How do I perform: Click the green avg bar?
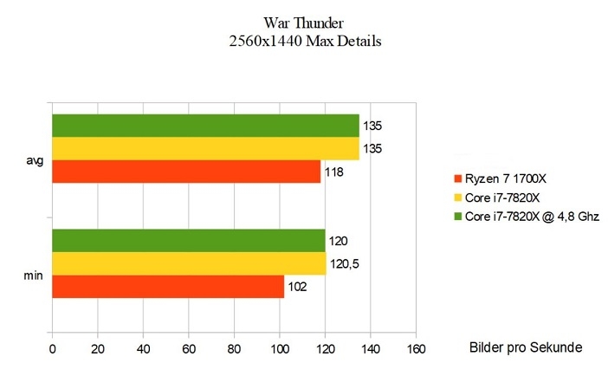pos(205,126)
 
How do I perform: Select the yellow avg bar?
pos(205,148)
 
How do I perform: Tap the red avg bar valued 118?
pos(186,172)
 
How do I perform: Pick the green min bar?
pos(188,241)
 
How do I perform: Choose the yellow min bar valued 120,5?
pos(189,263)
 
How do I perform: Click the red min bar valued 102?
pos(168,287)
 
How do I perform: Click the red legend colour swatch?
pos(457,179)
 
